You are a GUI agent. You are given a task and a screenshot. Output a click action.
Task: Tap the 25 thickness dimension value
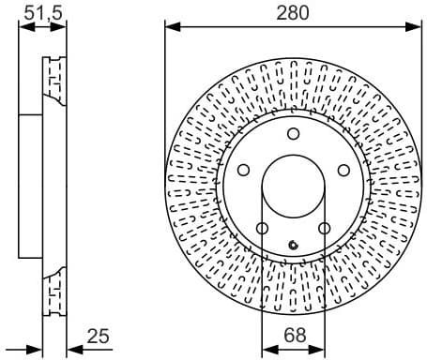pyautogui.click(x=99, y=335)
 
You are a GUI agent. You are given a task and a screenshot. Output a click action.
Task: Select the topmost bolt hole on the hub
pyautogui.click(x=293, y=133)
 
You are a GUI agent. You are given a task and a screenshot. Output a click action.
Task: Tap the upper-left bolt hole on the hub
pyautogui.click(x=243, y=170)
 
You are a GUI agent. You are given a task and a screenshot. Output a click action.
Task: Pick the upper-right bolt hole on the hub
pyautogui.click(x=343, y=170)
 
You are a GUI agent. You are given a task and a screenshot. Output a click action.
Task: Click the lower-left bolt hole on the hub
pyautogui.click(x=262, y=228)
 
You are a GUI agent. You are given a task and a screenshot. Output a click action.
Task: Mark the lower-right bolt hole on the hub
pyautogui.click(x=324, y=228)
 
